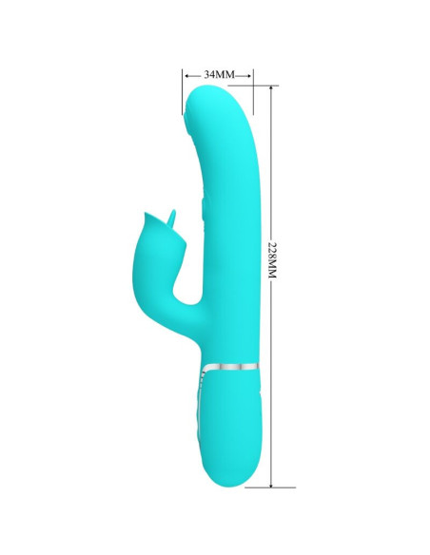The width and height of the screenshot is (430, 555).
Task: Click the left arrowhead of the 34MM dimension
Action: click(x=185, y=73)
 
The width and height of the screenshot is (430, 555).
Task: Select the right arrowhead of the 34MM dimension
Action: click(x=250, y=73)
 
